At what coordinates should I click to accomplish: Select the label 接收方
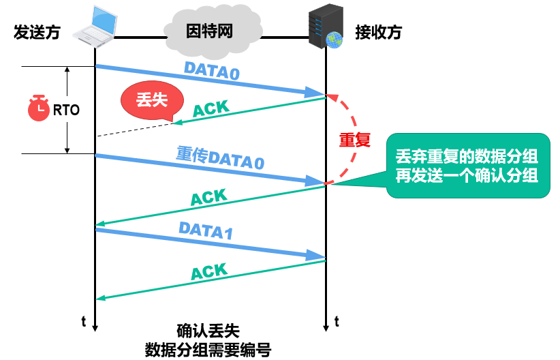[x=378, y=32]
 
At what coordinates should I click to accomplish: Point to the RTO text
[x=66, y=109]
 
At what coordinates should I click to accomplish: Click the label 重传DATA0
[x=219, y=158]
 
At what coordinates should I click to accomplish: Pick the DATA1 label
[x=206, y=230]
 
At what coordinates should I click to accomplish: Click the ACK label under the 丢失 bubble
[x=211, y=108]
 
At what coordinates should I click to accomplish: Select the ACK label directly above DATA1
[x=208, y=197]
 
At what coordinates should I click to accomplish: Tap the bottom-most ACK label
[x=208, y=271]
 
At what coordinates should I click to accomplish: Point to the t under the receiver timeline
[x=337, y=320]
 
